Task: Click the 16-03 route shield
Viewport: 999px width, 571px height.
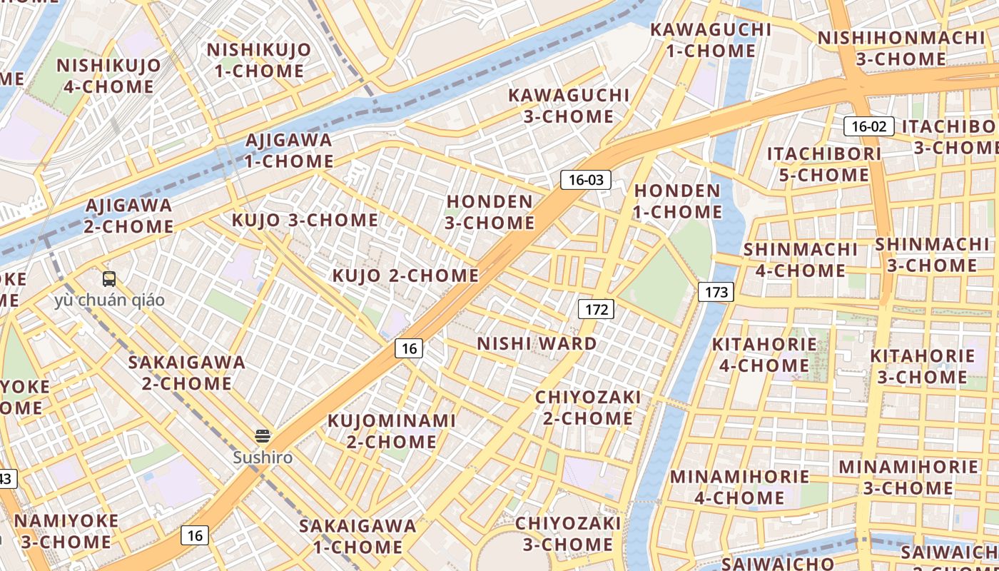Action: click(x=586, y=180)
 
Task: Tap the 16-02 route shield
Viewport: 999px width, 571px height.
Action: click(x=868, y=127)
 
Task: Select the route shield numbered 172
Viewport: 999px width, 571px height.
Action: click(x=596, y=309)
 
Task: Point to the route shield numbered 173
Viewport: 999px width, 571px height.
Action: click(x=716, y=291)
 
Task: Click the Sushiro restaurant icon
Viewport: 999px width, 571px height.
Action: click(x=263, y=436)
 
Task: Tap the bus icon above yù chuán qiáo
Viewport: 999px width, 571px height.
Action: click(x=109, y=279)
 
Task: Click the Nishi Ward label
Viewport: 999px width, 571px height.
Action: click(x=537, y=344)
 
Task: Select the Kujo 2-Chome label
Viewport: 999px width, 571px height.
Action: click(x=405, y=276)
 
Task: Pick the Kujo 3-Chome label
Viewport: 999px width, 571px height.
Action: click(x=305, y=220)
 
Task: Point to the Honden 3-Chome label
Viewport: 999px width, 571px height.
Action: click(x=490, y=212)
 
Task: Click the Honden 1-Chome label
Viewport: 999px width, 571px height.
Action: click(x=678, y=201)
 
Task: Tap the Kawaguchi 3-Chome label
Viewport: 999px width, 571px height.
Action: click(x=569, y=106)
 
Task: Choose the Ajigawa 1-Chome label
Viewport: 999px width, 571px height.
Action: click(x=289, y=151)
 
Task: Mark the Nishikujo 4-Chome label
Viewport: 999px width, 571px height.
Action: click(x=108, y=76)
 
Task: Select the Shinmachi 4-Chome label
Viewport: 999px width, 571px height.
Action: click(x=801, y=260)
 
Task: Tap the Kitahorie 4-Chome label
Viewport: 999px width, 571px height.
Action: click(x=764, y=355)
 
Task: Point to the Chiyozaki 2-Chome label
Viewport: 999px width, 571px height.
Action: click(x=588, y=407)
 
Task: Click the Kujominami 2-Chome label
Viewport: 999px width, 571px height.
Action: click(x=391, y=431)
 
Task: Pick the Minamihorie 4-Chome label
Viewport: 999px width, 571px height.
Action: click(x=739, y=487)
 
